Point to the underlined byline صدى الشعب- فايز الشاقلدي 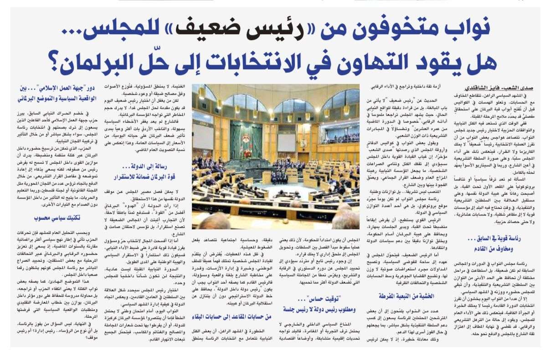500,87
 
